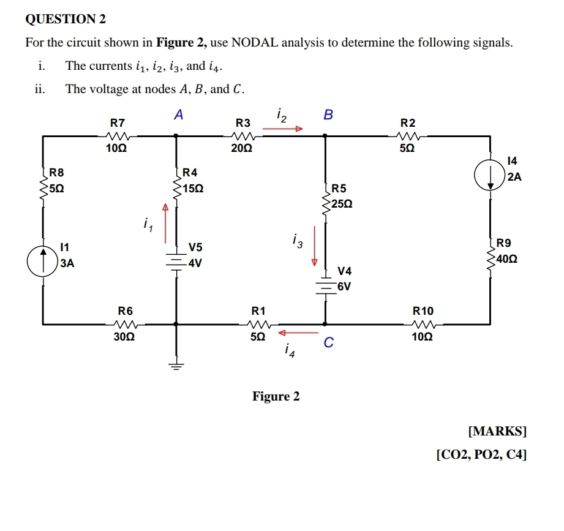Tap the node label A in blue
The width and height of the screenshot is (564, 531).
pos(178,115)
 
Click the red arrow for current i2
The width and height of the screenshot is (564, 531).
pos(283,129)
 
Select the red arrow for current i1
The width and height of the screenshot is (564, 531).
pos(165,218)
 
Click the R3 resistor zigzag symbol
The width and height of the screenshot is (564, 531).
pos(243,136)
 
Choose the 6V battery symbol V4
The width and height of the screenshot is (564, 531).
pos(325,286)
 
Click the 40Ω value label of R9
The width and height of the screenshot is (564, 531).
pos(508,258)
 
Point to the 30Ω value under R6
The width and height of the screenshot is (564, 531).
pos(125,336)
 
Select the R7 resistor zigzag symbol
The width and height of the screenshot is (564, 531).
pos(116,136)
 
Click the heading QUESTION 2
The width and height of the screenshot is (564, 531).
pos(66,20)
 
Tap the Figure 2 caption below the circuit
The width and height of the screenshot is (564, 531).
pos(276,396)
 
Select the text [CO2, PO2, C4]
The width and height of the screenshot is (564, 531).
pos(481,454)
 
